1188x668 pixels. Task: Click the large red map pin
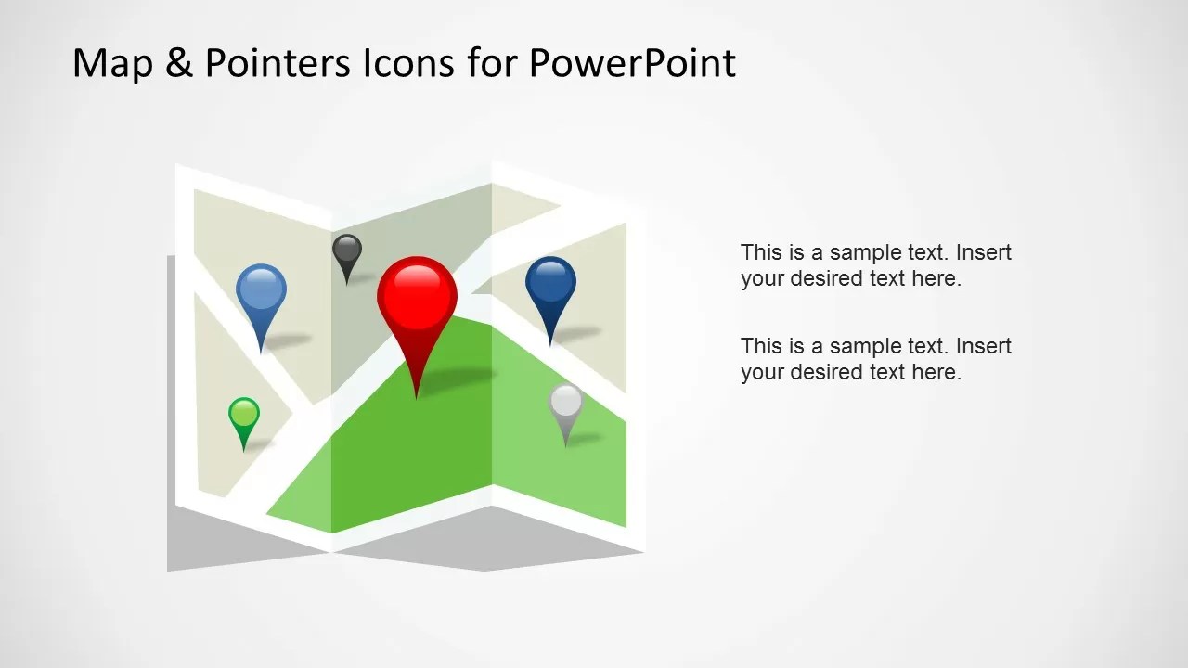tap(417, 295)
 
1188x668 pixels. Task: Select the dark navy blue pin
tap(550, 282)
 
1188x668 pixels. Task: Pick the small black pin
tap(347, 250)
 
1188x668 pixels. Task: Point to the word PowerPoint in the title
tap(633, 64)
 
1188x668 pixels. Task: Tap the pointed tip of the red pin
tap(417, 397)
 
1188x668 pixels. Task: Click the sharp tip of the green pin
tap(244, 451)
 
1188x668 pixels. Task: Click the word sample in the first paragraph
tap(865, 253)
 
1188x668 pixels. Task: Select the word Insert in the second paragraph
tap(984, 346)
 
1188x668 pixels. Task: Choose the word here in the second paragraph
tap(935, 372)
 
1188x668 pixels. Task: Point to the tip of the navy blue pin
tap(550, 345)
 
